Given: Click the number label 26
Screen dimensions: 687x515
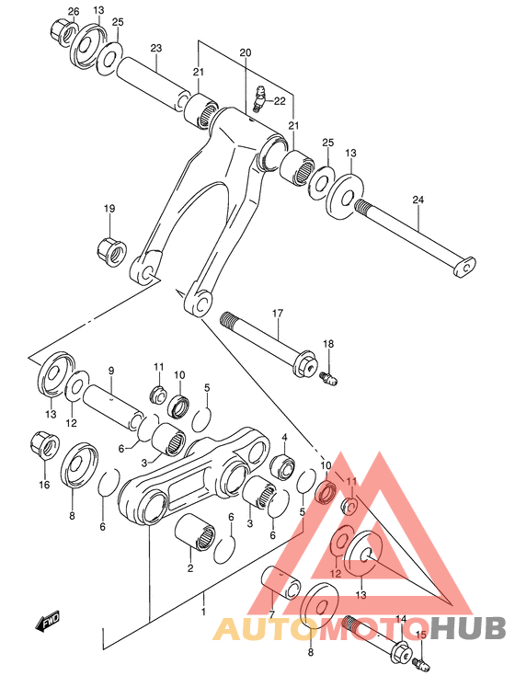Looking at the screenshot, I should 73,10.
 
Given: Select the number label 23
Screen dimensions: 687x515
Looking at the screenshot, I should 155,48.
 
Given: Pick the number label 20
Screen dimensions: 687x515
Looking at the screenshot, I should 245,53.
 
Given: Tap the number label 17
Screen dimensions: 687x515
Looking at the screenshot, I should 276,314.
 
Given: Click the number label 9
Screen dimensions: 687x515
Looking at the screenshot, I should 110,371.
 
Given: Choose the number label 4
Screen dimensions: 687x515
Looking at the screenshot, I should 284,438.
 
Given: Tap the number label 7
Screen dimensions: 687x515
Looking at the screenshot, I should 271,613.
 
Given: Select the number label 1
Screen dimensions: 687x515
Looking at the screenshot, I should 205,610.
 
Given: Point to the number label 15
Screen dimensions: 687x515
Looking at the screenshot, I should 422,635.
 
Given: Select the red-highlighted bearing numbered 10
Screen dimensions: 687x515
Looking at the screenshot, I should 325,495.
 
